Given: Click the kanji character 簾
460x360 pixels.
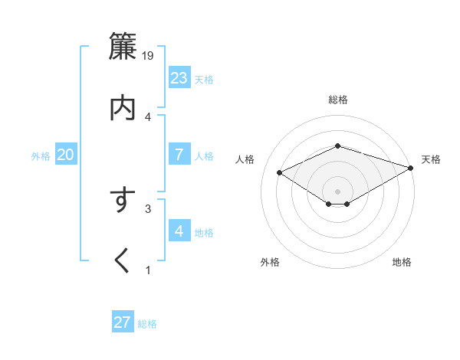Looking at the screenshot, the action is point(123,47).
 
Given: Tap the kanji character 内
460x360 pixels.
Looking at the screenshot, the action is point(123,108).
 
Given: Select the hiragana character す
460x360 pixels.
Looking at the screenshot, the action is point(123,201).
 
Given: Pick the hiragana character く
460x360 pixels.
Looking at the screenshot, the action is point(123,261).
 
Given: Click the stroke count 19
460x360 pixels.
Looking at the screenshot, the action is point(149,55).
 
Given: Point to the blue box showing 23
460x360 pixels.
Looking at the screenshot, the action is point(179,77).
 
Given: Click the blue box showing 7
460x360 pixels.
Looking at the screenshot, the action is point(179,154).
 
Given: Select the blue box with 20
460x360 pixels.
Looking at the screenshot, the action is point(66,155).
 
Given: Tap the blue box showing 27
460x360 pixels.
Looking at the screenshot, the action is point(123,322).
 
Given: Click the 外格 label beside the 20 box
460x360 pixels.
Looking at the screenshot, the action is point(41,156).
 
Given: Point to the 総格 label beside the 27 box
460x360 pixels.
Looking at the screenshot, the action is point(147,324).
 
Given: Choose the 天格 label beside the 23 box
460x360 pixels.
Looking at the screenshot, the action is point(204,80).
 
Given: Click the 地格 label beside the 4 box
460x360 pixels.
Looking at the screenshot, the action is point(204,233).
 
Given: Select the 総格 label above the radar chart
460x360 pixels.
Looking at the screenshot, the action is point(338,100).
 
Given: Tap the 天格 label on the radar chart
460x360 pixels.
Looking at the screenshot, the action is point(431,159).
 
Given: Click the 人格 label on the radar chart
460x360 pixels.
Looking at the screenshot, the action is point(245,159).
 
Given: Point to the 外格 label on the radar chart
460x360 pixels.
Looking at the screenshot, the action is point(270,262).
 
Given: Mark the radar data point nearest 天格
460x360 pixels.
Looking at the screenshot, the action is point(412,168).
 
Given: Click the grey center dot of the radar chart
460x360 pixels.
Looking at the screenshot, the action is point(338,191).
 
